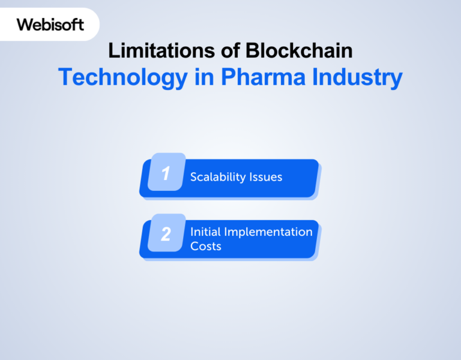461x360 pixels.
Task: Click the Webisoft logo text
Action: (50, 25)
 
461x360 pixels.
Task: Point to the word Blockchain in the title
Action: (299, 51)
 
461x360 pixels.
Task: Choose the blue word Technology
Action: (122, 78)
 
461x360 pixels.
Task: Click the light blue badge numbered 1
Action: (166, 174)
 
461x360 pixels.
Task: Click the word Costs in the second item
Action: (206, 246)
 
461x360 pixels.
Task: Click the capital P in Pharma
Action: (227, 77)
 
